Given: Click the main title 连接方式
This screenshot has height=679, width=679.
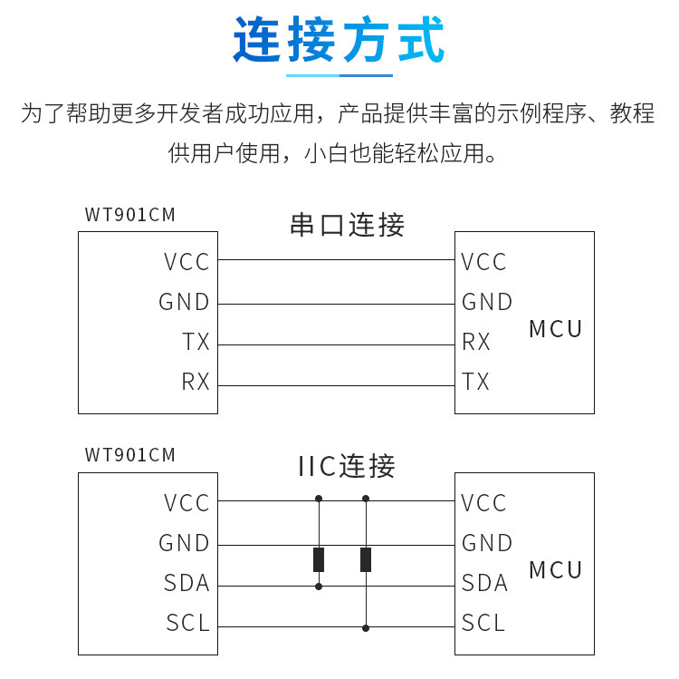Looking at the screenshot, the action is coord(339,39).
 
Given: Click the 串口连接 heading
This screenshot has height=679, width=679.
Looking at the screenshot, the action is coord(348,225).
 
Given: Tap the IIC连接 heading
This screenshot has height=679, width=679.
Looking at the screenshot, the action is coord(347,466).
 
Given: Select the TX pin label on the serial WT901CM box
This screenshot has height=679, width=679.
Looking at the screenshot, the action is coord(196,341).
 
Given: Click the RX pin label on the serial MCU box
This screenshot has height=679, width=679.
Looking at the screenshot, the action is coord(476,341).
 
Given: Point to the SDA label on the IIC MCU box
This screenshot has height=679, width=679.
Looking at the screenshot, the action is coord(484,582).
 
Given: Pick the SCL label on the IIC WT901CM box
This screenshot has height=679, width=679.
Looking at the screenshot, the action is coord(188,623).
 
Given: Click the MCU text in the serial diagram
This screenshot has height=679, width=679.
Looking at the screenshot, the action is coord(556,329).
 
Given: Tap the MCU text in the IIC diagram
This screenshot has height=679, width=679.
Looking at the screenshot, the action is coord(556,569).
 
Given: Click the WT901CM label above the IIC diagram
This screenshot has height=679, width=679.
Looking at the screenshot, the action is coord(129,455).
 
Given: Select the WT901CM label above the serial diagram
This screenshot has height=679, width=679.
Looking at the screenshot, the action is coord(129,215).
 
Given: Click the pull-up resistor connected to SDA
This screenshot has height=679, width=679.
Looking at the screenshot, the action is coord(319,559).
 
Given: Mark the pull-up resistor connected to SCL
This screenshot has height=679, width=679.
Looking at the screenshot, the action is coord(366,559).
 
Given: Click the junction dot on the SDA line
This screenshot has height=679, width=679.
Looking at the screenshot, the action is coord(319,587).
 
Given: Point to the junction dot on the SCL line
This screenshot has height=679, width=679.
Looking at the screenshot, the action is coord(366,628).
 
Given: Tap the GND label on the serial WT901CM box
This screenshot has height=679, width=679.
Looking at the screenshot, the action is coord(185,302).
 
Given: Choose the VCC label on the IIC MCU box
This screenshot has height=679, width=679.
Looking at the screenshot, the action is coord(483,503).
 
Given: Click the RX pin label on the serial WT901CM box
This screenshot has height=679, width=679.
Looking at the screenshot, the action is coord(196,382).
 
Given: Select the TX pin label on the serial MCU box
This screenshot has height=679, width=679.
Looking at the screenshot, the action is coord(475,382).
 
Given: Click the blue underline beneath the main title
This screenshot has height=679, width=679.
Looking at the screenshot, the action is coord(339,75).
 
